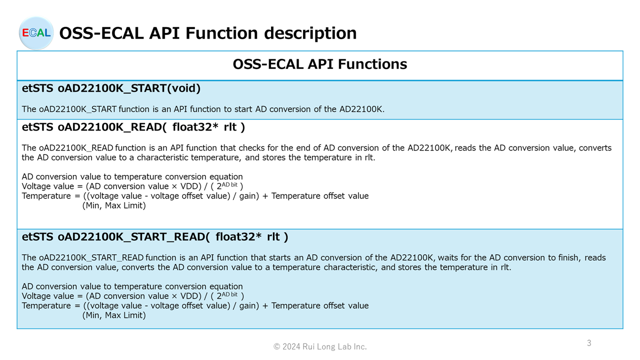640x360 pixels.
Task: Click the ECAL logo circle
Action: [36, 33]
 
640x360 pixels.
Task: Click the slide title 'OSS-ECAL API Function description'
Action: [208, 33]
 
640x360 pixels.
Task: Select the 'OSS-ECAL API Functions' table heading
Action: [320, 64]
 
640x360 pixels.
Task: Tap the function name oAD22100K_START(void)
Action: [129, 88]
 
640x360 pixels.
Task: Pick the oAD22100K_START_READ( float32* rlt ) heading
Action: [173, 237]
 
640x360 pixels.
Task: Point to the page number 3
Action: [589, 343]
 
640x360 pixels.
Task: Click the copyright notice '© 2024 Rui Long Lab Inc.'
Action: [320, 346]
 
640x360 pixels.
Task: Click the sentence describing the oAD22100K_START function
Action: [203, 109]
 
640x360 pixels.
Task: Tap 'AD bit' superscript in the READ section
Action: [229, 185]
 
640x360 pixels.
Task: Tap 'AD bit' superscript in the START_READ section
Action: [229, 294]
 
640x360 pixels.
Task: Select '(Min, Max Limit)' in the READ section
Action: [114, 205]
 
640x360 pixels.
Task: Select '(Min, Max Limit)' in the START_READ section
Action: [114, 315]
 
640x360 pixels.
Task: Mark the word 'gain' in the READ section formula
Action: [248, 196]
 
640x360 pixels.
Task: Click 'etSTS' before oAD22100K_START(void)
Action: [37, 88]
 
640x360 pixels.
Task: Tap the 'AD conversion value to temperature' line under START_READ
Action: [132, 286]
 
